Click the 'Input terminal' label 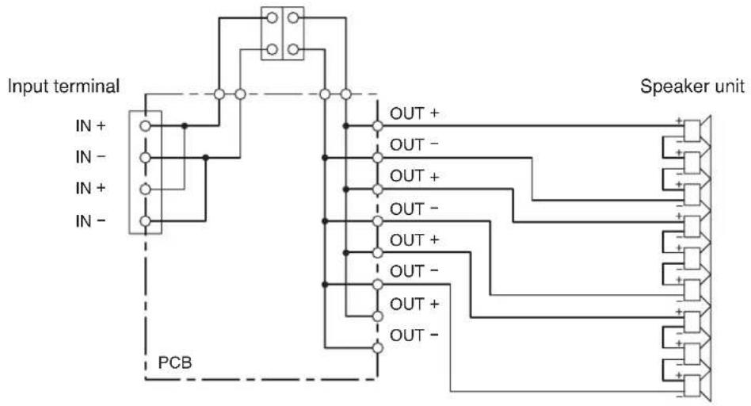pyautogui.click(x=63, y=86)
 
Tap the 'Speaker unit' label pyautogui.click(x=692, y=86)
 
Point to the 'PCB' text pyautogui.click(x=175, y=362)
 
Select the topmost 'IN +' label pyautogui.click(x=90, y=126)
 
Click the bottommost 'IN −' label pyautogui.click(x=90, y=221)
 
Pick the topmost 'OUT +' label pyautogui.click(x=414, y=113)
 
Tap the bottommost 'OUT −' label pyautogui.click(x=414, y=335)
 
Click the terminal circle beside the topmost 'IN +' pyautogui.click(x=145, y=126)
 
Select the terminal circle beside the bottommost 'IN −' pyautogui.click(x=145, y=221)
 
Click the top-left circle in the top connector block pyautogui.click(x=272, y=18)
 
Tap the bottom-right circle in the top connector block pyautogui.click(x=293, y=49)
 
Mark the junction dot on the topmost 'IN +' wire pyautogui.click(x=185, y=126)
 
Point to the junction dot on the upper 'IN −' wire pyautogui.click(x=205, y=157)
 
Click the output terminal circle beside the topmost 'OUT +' pyautogui.click(x=377, y=126)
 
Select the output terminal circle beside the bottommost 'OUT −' pyautogui.click(x=377, y=348)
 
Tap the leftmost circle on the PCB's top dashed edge pyautogui.click(x=219, y=94)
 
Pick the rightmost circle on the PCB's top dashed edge pyautogui.click(x=346, y=94)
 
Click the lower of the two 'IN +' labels pyautogui.click(x=90, y=189)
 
